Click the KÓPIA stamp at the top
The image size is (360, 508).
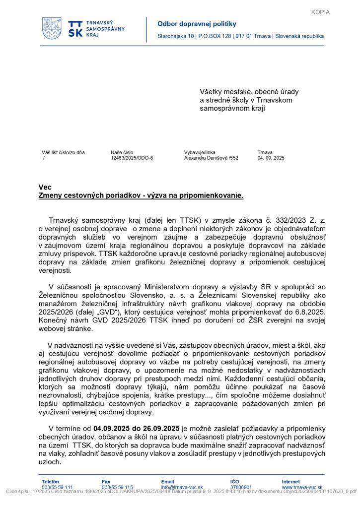pyautogui.click(x=320, y=12)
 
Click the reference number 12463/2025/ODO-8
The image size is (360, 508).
pyautogui.click(x=132, y=158)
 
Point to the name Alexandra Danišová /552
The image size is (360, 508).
pyautogui.click(x=211, y=158)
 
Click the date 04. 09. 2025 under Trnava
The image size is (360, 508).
pyautogui.click(x=271, y=158)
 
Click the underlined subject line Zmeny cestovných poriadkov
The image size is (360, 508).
pyautogui.click(x=141, y=195)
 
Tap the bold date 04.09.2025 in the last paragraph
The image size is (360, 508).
pyautogui.click(x=111, y=428)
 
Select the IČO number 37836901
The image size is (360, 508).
pyautogui.click(x=241, y=488)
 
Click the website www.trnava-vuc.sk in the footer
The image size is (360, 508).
pyautogui.click(x=302, y=488)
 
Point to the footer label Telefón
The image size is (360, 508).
pyautogui.click(x=50, y=482)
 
